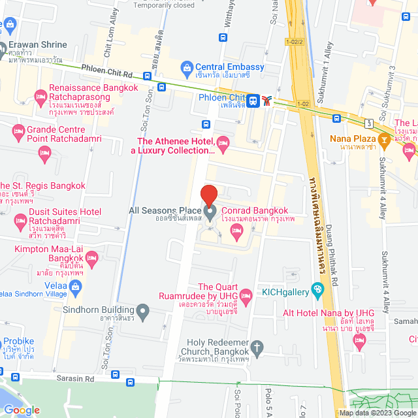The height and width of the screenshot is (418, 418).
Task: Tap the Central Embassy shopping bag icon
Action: tap(187, 67)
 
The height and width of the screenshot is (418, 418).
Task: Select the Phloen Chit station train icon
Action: tap(254, 99)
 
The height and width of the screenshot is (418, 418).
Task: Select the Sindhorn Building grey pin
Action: tap(144, 312)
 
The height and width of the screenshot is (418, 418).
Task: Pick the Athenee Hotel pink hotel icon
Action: tap(223, 141)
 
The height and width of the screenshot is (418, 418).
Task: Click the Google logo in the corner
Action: tap(22, 410)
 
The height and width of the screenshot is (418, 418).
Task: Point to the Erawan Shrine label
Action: tap(37, 45)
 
